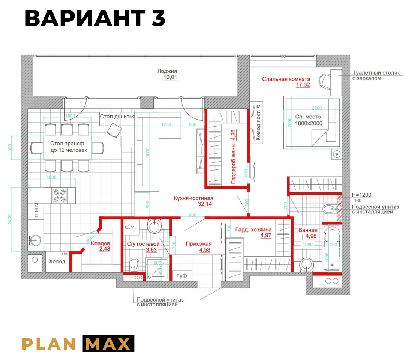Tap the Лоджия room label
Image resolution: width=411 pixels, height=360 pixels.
click(x=167, y=71)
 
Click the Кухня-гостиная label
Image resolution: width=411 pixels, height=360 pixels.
click(x=193, y=198)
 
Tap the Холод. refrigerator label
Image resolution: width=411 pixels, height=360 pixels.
click(x=58, y=261)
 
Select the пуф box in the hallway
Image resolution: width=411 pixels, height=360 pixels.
click(x=181, y=276)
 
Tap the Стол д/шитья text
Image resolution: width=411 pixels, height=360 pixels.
click(x=117, y=117)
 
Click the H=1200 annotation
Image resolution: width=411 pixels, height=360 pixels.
click(x=361, y=195)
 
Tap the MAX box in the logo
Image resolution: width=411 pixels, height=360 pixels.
click(x=108, y=343)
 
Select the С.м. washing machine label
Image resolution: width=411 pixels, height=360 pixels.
click(x=130, y=226)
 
